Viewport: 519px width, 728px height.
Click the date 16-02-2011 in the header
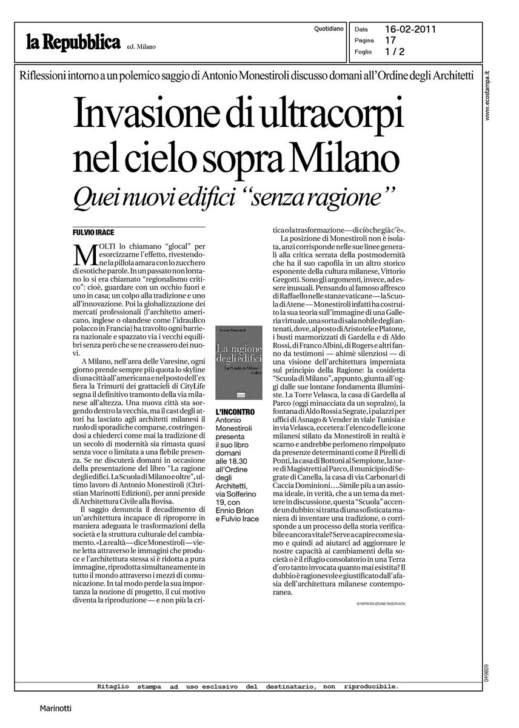point(411,29)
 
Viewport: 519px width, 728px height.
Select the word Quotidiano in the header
point(330,29)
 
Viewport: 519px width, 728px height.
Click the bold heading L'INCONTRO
point(235,412)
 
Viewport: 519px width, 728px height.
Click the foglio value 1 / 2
point(395,52)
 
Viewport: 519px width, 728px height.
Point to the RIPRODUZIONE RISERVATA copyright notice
point(381,604)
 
